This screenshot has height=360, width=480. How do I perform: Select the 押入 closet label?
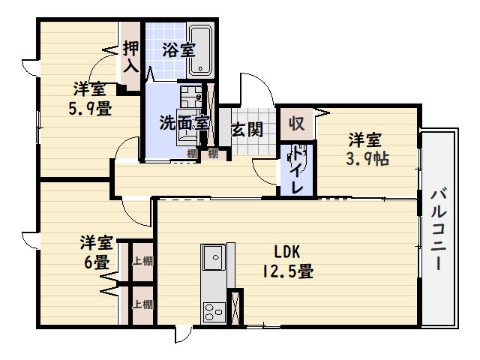pyautogui.click(x=130, y=56)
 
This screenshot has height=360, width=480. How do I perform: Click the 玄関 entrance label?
pyautogui.click(x=246, y=129)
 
